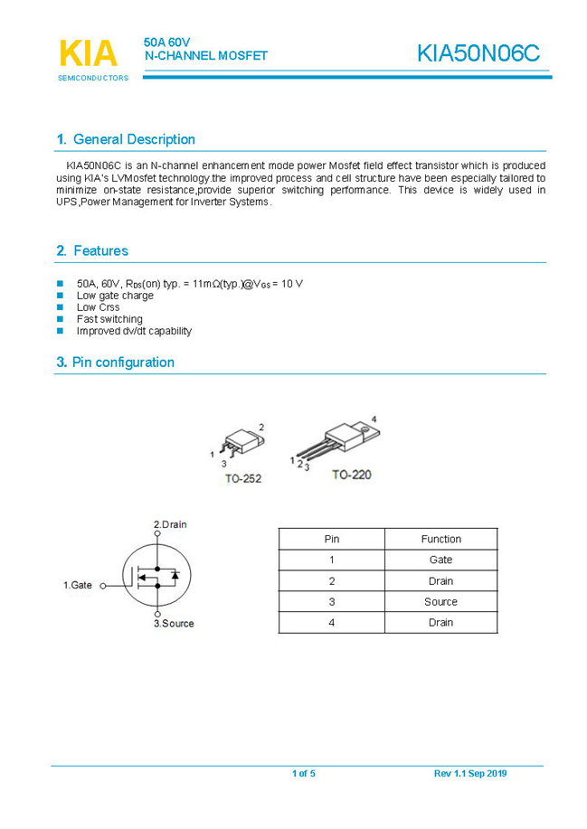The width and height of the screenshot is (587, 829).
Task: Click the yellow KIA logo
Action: [88, 53]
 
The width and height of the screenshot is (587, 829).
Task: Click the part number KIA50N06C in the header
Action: [478, 54]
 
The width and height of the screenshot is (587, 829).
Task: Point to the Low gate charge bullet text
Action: [115, 296]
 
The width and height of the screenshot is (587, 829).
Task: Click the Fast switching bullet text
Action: [109, 319]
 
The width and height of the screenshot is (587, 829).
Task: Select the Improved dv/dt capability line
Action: [134, 331]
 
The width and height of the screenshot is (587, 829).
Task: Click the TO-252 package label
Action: [242, 478]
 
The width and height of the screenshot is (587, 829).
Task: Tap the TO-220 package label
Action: [351, 474]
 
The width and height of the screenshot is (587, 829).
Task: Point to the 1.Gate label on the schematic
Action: [78, 586]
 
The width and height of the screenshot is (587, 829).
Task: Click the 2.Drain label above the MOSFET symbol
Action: [170, 524]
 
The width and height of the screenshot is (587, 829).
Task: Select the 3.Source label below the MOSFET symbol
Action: [174, 624]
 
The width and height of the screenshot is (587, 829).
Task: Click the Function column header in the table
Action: [440, 539]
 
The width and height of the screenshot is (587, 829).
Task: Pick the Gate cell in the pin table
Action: [440, 560]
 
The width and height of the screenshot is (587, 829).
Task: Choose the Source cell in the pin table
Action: [440, 601]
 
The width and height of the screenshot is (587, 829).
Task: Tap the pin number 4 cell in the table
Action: [332, 622]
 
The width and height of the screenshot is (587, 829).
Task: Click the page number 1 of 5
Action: [303, 774]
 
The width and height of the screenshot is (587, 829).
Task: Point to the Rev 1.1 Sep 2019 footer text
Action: [470, 774]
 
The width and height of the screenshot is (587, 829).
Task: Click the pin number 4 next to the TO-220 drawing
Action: [374, 419]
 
